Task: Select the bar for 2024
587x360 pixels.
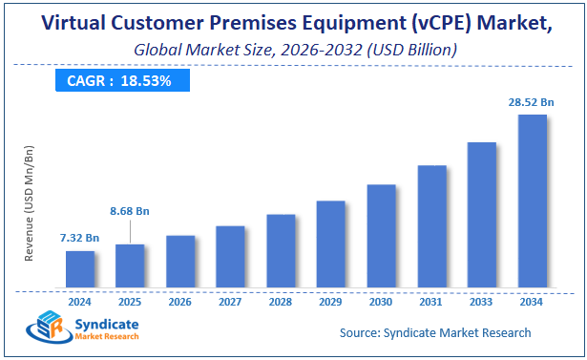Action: click(x=80, y=268)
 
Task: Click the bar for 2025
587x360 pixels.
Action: click(x=130, y=265)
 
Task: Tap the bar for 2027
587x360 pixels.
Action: click(x=230, y=256)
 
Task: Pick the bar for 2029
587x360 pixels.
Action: click(x=330, y=244)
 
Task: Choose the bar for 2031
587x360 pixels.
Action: click(x=431, y=225)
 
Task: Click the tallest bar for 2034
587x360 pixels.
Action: click(x=532, y=201)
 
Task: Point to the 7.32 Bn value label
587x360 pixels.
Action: click(x=80, y=237)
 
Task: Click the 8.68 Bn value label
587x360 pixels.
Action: click(x=130, y=210)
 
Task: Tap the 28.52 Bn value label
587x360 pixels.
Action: click(x=532, y=101)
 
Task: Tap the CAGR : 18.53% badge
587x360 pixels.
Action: click(x=118, y=80)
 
